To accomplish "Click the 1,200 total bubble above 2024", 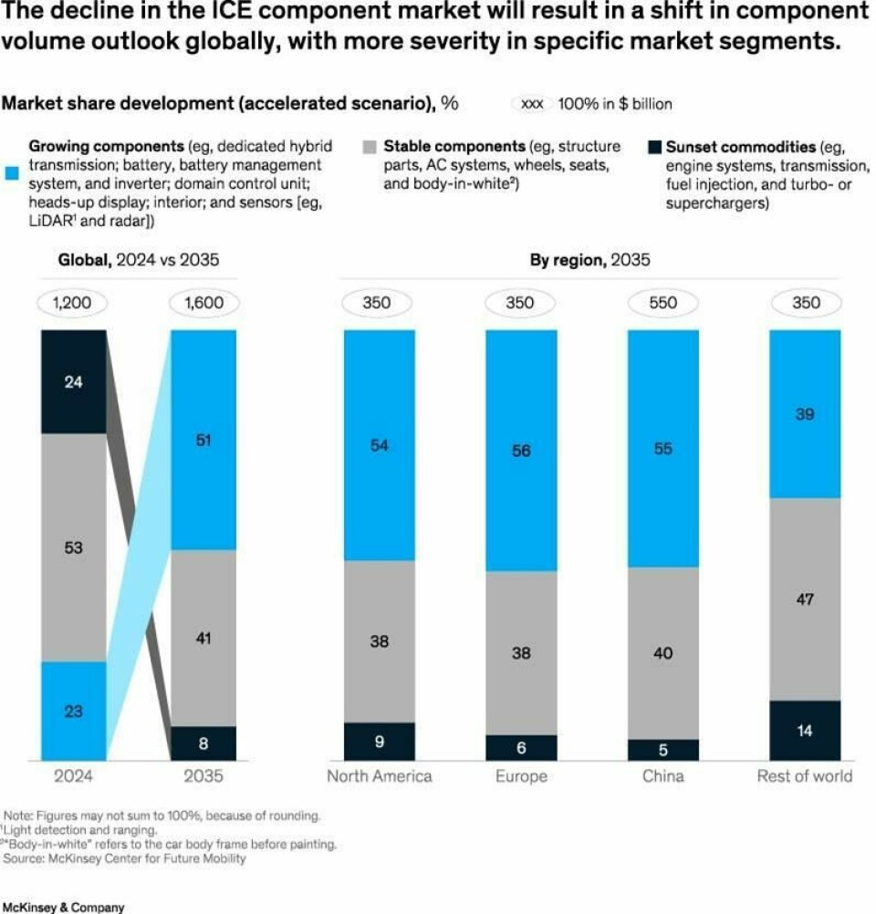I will click(x=73, y=303).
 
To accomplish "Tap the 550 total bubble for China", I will click(x=662, y=303).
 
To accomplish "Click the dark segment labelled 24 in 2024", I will click(x=73, y=382).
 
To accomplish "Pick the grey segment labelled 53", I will click(x=73, y=547).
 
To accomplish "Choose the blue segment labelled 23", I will click(x=73, y=711).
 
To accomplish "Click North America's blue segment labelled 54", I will click(x=379, y=445).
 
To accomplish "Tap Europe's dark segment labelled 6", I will click(x=520, y=747).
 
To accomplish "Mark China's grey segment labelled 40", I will click(x=662, y=653).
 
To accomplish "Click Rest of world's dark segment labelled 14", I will click(x=806, y=730).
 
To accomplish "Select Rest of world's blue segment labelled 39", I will click(x=806, y=414).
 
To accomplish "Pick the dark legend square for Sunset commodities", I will click(x=652, y=146).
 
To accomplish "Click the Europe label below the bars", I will click(x=520, y=776).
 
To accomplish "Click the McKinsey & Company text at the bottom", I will click(x=62, y=908).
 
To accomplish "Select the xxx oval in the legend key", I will click(x=531, y=104).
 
